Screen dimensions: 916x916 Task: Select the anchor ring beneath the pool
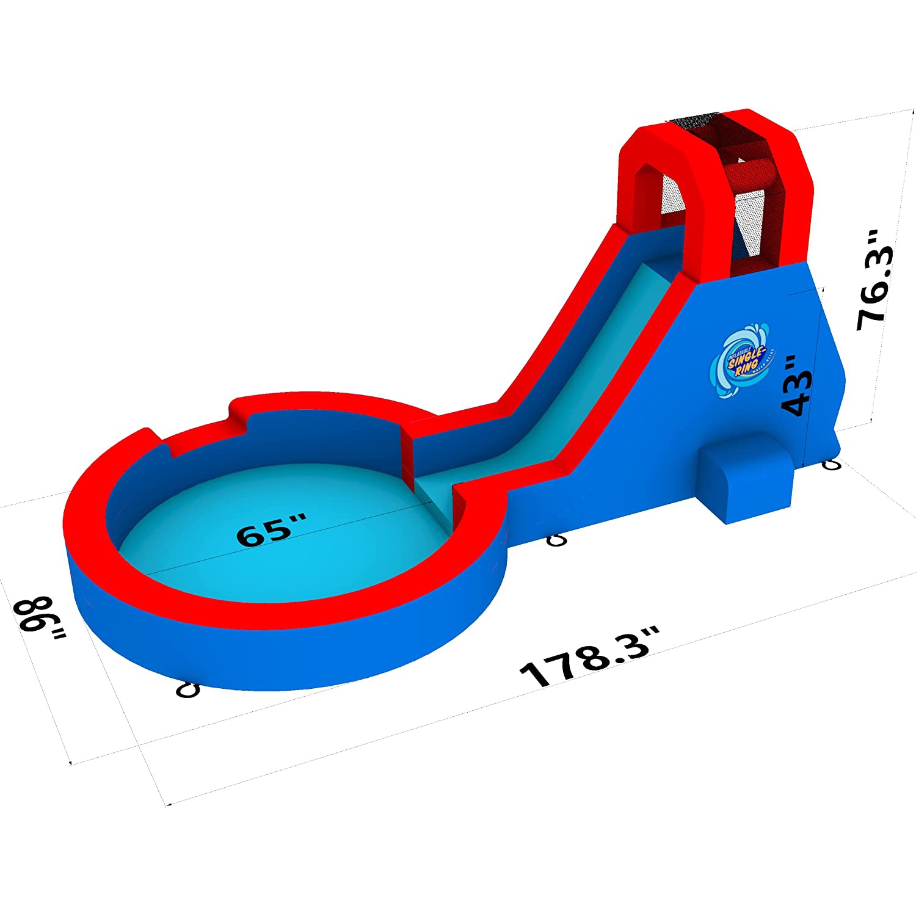(x=187, y=689)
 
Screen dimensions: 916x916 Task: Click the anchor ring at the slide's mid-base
(x=556, y=540)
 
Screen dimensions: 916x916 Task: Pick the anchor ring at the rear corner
(x=832, y=465)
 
